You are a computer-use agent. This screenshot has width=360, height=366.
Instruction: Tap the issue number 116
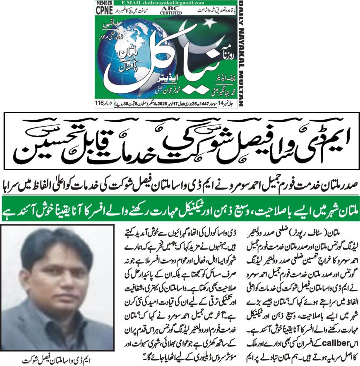[x=101, y=103]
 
